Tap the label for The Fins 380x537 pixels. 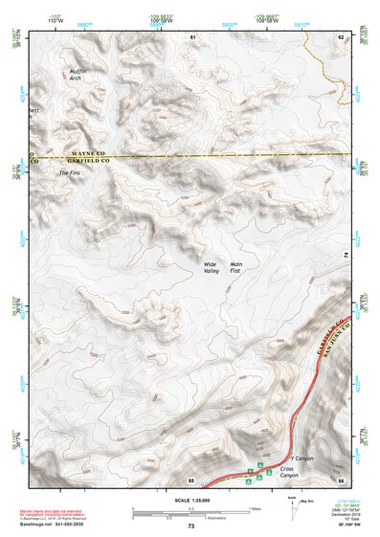pyautogui.click(x=70, y=173)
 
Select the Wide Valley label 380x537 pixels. pyautogui.click(x=211, y=267)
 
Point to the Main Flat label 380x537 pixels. pyautogui.click(x=240, y=267)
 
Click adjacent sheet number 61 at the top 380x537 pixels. pyautogui.click(x=192, y=36)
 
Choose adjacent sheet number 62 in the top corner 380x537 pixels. pyautogui.click(x=340, y=36)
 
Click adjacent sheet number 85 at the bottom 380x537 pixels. pyautogui.click(x=192, y=479)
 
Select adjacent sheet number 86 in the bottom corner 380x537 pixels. pyautogui.click(x=340, y=479)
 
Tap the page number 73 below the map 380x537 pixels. pyautogui.click(x=190, y=526)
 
